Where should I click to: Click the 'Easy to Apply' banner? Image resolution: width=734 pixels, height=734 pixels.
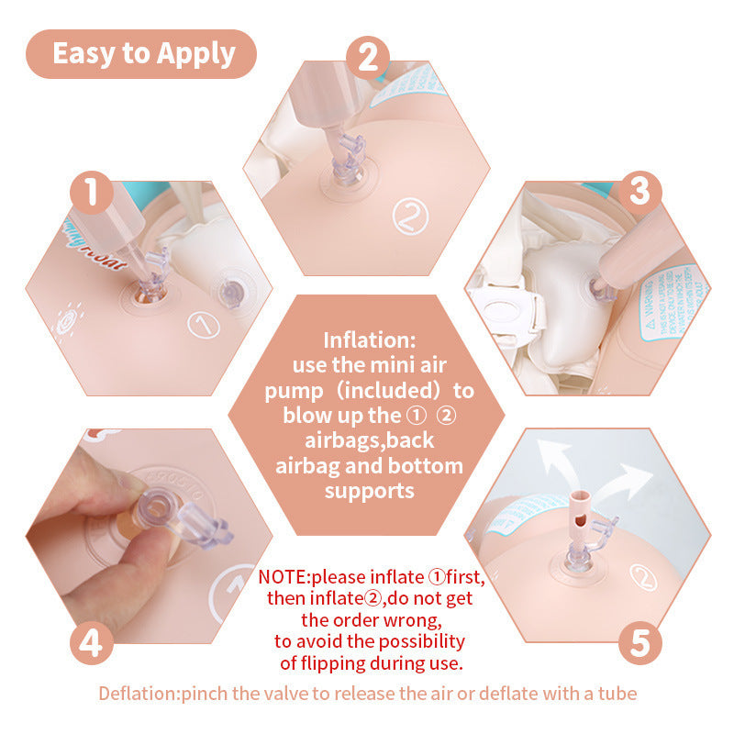[142, 53]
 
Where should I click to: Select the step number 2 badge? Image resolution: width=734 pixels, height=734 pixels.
[367, 57]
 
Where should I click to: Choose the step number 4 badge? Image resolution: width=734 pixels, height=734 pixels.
[90, 641]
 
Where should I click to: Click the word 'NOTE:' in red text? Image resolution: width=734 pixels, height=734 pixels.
[284, 578]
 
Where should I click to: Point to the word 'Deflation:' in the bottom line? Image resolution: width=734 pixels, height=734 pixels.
[139, 694]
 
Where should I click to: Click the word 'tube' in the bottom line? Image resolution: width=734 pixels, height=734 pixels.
[617, 694]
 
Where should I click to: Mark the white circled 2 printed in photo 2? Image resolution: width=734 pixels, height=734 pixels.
[410, 217]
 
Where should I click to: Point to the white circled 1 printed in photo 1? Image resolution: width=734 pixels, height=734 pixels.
[201, 324]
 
